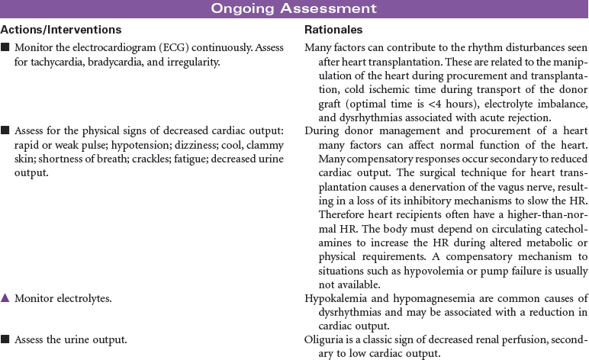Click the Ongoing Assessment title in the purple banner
[294, 8]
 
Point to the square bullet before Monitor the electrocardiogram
[5, 47]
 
